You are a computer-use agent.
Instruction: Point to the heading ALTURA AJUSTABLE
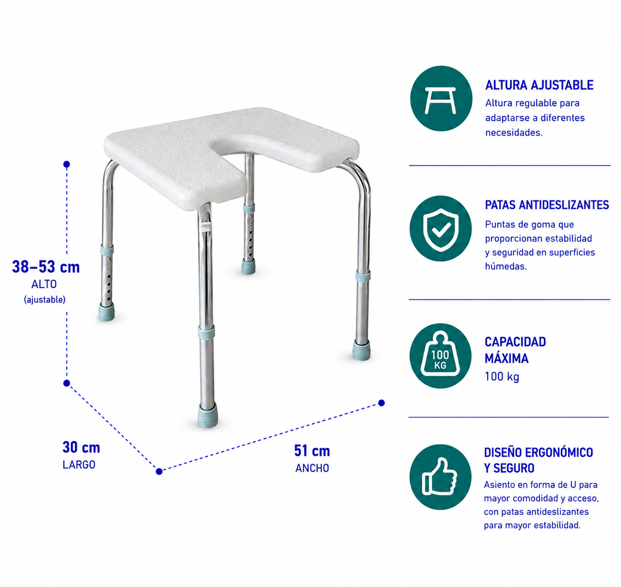539,85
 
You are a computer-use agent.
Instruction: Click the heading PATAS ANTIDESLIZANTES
547,205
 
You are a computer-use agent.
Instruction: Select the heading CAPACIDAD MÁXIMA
515,350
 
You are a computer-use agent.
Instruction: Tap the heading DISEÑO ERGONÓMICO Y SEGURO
539,460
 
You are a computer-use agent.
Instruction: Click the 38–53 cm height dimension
46,267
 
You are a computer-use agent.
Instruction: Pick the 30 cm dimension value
81,447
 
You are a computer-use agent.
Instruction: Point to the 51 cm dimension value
312,451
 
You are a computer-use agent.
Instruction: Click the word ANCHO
312,469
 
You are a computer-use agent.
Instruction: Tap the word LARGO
79,465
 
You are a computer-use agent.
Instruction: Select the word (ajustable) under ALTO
45,300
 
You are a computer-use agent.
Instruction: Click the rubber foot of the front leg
208,415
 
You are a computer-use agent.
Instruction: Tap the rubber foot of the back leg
248,267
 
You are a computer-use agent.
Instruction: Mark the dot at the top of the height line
67,164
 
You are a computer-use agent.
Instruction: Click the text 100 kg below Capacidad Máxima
502,377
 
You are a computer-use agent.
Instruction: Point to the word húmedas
506,266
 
